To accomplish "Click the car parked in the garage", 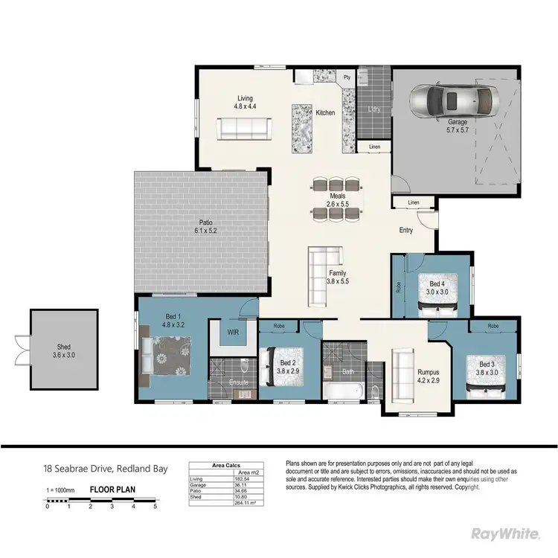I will (x=452, y=101).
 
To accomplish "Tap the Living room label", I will (x=245, y=103).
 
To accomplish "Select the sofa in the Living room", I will (x=243, y=129).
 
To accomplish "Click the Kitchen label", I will (x=325, y=113).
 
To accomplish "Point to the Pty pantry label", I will (x=346, y=77).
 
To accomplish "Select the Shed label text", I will (x=64, y=351).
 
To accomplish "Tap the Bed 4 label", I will (x=437, y=288).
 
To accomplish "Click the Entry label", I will (x=405, y=231).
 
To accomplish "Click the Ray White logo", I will (x=507, y=533).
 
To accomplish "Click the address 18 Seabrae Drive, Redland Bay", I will (x=104, y=469).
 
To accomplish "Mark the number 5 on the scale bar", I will (x=155, y=507).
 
